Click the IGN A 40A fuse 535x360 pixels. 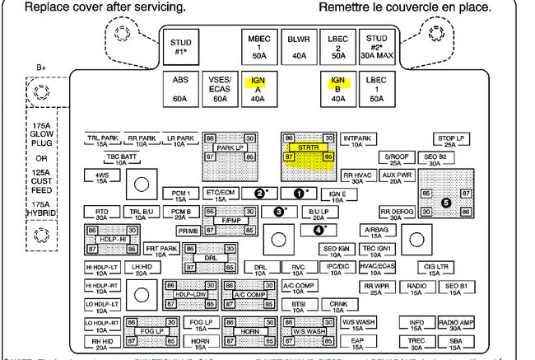[x=258, y=88]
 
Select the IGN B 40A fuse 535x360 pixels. [x=337, y=88]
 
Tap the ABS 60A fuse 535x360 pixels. [x=180, y=88]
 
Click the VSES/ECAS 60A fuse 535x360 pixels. [x=220, y=88]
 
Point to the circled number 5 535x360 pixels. [x=446, y=200]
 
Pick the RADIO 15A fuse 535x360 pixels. [x=416, y=289]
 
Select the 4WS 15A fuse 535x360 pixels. [x=101, y=178]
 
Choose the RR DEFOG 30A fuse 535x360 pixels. [x=396, y=213]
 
